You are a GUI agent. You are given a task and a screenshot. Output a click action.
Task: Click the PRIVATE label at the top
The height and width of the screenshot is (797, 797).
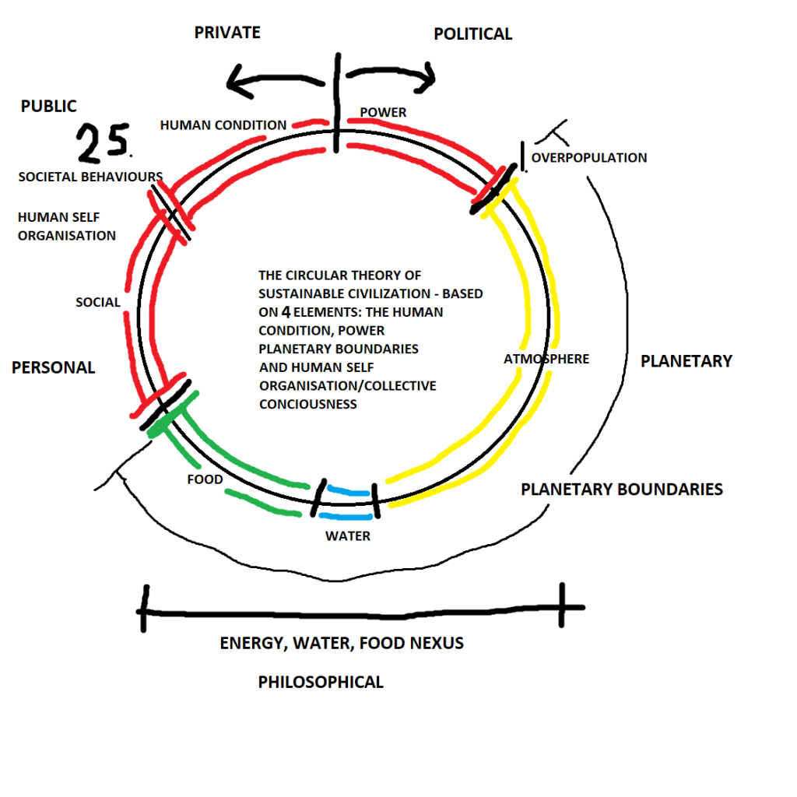coord(226,32)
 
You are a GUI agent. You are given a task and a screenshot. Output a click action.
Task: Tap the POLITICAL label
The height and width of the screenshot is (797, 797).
coord(472,33)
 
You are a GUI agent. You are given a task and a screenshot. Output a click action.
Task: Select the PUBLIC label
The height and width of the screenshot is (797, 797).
coord(48,106)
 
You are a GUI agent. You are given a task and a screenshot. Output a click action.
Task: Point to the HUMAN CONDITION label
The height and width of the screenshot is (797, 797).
coord(223,125)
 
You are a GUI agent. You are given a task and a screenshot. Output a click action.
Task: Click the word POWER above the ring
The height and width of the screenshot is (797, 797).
coord(383,112)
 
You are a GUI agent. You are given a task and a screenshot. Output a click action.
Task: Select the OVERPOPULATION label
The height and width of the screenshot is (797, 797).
coord(589,157)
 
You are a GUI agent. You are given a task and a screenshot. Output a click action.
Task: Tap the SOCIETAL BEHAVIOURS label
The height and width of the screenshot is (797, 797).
coord(90,177)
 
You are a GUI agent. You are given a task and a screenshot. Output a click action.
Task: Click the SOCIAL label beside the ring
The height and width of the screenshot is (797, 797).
coord(98,302)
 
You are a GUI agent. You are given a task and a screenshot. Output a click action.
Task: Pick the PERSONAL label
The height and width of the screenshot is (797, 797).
coord(53,367)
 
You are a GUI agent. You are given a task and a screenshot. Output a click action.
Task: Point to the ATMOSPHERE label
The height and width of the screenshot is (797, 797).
coord(546,359)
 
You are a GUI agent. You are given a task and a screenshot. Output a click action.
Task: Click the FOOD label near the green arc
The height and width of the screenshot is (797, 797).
coord(205,479)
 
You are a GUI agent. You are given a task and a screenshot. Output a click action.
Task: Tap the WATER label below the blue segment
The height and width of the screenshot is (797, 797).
coord(347,535)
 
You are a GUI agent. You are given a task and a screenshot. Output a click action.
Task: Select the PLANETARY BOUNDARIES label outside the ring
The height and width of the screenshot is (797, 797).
coord(621,489)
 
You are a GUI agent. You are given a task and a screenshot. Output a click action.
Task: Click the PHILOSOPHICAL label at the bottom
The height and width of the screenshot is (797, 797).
coord(321,682)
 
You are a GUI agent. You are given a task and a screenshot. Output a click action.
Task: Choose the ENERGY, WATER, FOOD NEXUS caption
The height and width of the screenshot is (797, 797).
coord(341,643)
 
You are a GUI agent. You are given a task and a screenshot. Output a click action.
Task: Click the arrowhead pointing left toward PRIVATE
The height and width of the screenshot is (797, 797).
coord(233,79)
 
